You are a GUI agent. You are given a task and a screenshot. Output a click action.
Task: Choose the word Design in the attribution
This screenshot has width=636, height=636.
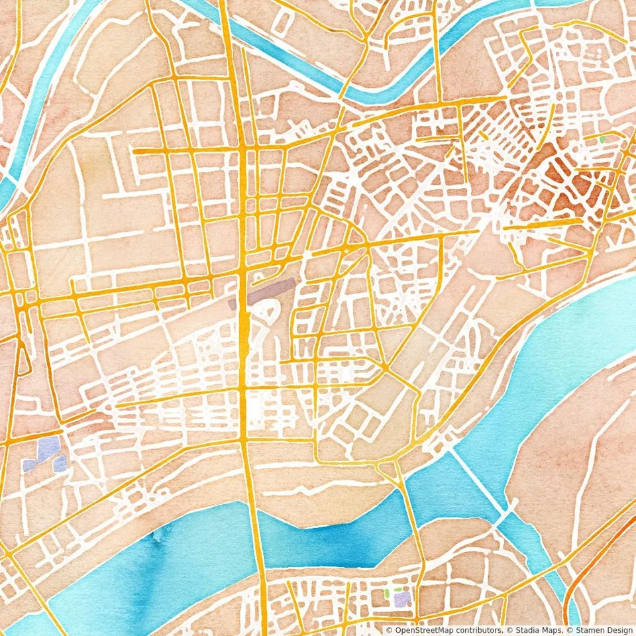tap(617, 630)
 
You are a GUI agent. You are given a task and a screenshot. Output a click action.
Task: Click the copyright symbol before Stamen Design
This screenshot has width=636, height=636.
tap(567, 630)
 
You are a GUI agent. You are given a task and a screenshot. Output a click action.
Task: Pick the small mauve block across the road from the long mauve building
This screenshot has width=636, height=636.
tap(232, 304)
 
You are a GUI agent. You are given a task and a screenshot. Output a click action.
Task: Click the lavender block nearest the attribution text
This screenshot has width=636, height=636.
tap(401, 600)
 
